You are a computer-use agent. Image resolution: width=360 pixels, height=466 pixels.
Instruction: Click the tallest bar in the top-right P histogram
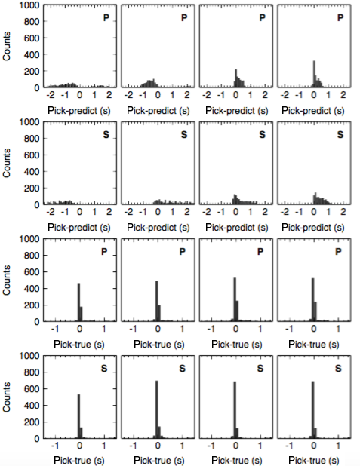[314, 74]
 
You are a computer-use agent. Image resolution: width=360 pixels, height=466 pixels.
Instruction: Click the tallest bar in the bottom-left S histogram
[78, 416]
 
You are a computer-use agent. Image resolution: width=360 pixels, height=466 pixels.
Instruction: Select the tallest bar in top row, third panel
[236, 78]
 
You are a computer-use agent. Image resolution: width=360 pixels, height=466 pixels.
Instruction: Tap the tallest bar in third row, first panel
[78, 302]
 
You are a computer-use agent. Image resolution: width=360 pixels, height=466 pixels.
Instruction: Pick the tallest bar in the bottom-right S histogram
[312, 410]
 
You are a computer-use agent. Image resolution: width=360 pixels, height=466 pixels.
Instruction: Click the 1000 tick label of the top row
[29, 5]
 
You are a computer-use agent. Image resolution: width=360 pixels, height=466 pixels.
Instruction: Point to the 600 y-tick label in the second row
[32, 155]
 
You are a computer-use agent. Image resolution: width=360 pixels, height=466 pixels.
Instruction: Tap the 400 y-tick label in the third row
[32, 288]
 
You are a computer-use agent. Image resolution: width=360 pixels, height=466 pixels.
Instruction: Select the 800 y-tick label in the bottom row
[32, 372]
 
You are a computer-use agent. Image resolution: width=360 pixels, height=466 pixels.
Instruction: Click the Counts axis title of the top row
[6, 46]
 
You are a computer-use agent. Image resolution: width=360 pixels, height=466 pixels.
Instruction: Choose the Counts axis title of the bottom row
[6, 397]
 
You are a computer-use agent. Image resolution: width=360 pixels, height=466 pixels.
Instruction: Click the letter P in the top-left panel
[106, 18]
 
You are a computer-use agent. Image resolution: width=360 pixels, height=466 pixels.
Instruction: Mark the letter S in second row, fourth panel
[340, 135]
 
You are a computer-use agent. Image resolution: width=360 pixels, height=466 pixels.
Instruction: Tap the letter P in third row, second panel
[183, 252]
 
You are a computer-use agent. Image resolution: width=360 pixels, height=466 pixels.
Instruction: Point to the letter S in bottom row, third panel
[260, 369]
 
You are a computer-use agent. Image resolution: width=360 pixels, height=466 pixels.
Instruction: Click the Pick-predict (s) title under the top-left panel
[79, 111]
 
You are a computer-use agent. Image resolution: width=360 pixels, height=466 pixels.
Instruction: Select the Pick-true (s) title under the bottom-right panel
[314, 461]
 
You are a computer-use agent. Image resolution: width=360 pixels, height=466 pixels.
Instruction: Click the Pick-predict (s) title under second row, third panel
[237, 228]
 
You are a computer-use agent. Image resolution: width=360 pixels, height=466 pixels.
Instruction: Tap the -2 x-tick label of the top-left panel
[50, 95]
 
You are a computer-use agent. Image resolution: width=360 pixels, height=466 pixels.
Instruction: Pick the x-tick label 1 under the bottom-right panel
[338, 446]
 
